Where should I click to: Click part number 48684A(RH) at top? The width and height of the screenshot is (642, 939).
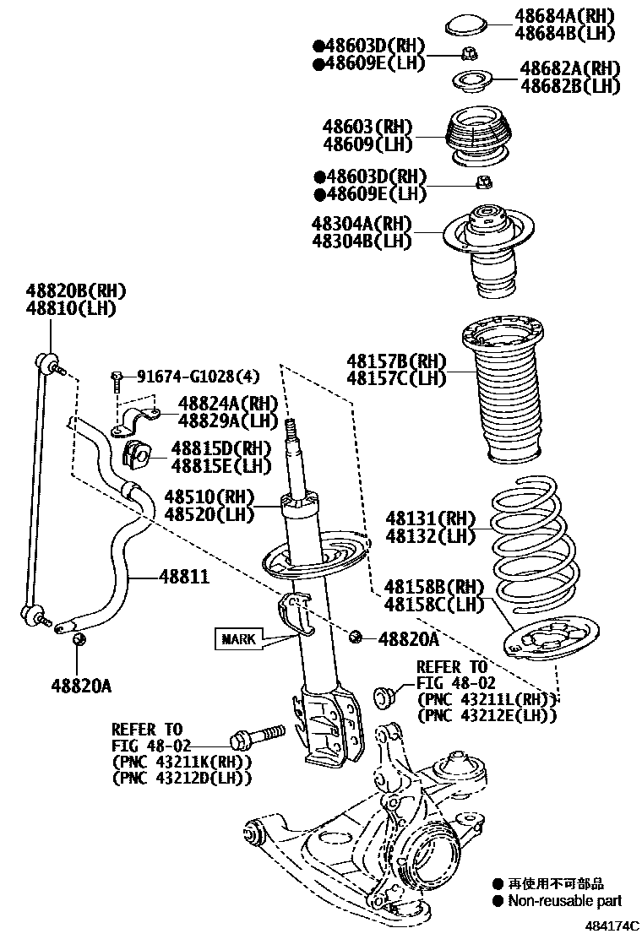564,16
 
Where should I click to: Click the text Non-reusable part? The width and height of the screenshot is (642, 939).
564,901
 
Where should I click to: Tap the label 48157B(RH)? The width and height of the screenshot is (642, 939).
395,361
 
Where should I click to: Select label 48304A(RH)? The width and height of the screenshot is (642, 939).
361,224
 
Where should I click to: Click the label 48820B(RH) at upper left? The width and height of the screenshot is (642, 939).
75,291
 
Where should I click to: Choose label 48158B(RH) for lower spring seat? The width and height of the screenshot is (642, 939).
433,586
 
